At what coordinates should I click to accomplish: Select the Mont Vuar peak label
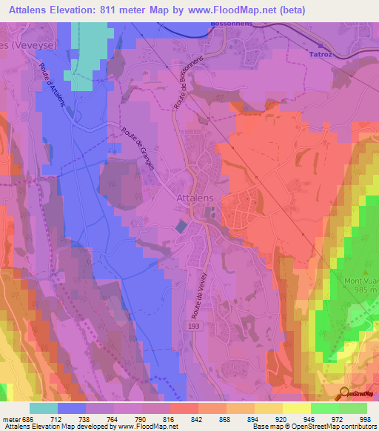361,281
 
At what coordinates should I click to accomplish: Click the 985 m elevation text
362,290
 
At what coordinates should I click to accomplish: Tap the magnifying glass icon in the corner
344,392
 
